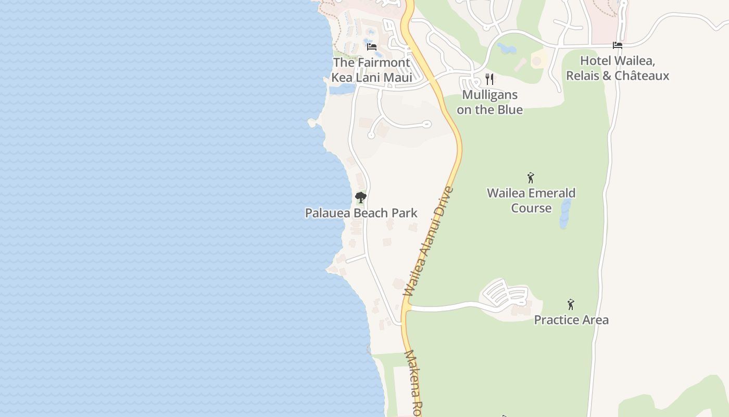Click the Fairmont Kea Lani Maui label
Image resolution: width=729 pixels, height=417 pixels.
(x=372, y=70)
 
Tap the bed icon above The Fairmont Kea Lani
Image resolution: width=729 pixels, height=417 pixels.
(x=372, y=46)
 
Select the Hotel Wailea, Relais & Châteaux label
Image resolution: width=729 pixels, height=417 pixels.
(x=618, y=68)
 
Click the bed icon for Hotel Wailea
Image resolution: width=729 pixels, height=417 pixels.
(x=618, y=45)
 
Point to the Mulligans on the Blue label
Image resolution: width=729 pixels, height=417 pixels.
(x=489, y=102)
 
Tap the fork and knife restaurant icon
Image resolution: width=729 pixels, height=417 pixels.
(x=489, y=79)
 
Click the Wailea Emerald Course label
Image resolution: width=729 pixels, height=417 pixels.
(x=531, y=200)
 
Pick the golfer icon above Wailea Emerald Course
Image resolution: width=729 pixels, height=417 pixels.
(x=531, y=178)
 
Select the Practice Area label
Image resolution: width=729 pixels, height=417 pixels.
(x=571, y=320)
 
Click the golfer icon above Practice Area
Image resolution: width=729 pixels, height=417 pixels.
(x=571, y=304)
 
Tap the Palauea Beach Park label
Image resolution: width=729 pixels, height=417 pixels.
(x=361, y=213)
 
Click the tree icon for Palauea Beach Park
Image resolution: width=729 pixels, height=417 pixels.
(x=360, y=198)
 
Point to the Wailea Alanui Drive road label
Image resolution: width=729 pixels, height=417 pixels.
(x=429, y=242)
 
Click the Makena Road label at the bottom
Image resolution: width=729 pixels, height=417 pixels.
(x=412, y=383)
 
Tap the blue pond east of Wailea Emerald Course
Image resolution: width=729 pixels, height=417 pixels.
(x=565, y=214)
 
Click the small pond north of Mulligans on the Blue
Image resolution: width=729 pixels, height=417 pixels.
(x=506, y=49)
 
